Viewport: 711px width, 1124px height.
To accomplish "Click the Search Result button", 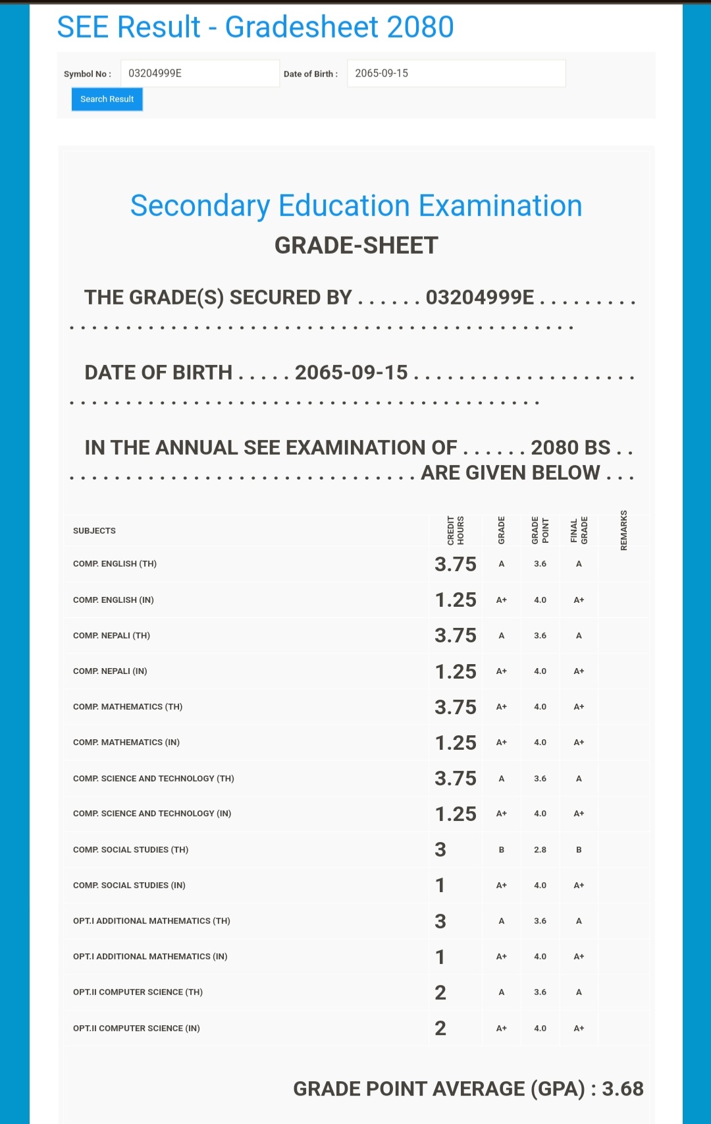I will coord(107,99).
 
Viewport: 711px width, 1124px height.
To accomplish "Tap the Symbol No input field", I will coord(199,73).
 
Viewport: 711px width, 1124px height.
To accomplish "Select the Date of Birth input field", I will coord(456,73).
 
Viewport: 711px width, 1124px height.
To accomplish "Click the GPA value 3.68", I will coord(623,1088).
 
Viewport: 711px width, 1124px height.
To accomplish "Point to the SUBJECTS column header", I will coord(94,530).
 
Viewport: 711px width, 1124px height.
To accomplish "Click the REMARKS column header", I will coord(623,530).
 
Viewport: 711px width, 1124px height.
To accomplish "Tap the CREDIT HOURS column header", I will coord(456,530).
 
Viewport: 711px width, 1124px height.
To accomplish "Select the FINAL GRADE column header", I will coord(579,530).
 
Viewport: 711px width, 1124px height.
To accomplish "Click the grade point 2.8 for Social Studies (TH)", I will coord(540,850).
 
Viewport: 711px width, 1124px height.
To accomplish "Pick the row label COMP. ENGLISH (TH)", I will coord(115,564).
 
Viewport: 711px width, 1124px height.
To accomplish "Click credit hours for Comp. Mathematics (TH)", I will coord(455,707).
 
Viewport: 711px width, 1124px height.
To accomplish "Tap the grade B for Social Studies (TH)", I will coord(501,850).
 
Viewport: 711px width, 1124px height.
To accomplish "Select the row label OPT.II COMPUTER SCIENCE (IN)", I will coord(136,1028).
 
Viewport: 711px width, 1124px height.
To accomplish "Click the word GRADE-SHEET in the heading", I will coord(356,246).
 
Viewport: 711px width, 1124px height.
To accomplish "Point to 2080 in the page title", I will coord(420,27).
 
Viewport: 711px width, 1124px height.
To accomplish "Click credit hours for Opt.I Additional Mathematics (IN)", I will coord(440,957).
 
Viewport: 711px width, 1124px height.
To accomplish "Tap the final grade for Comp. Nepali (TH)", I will coord(579,636).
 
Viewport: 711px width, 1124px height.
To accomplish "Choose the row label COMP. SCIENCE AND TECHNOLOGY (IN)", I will coord(152,814).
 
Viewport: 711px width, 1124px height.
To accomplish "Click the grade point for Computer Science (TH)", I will coord(540,992).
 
